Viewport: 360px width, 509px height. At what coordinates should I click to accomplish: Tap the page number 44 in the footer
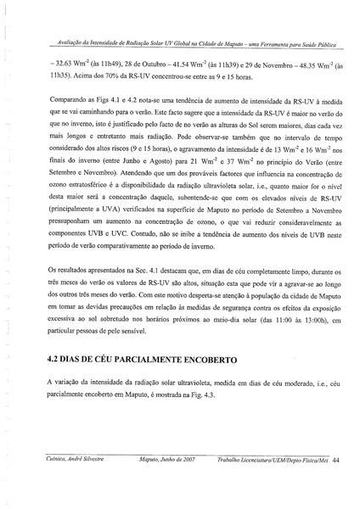pos(336,483)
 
